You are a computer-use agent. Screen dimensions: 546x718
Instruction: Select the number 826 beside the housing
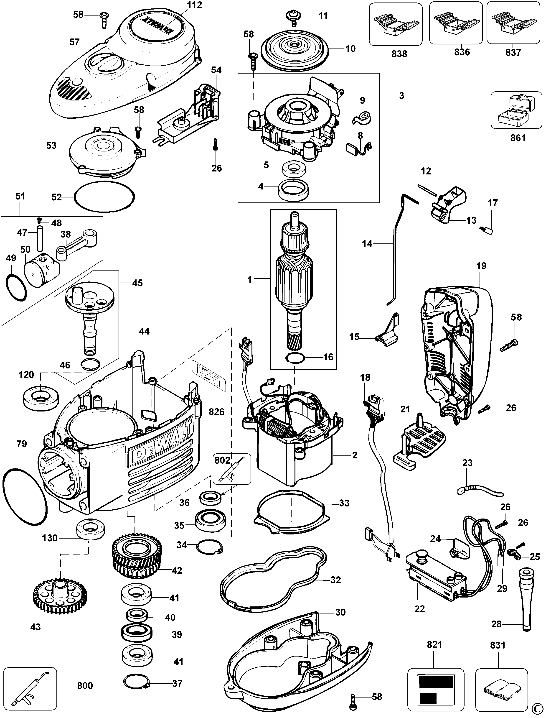coord(216,412)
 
